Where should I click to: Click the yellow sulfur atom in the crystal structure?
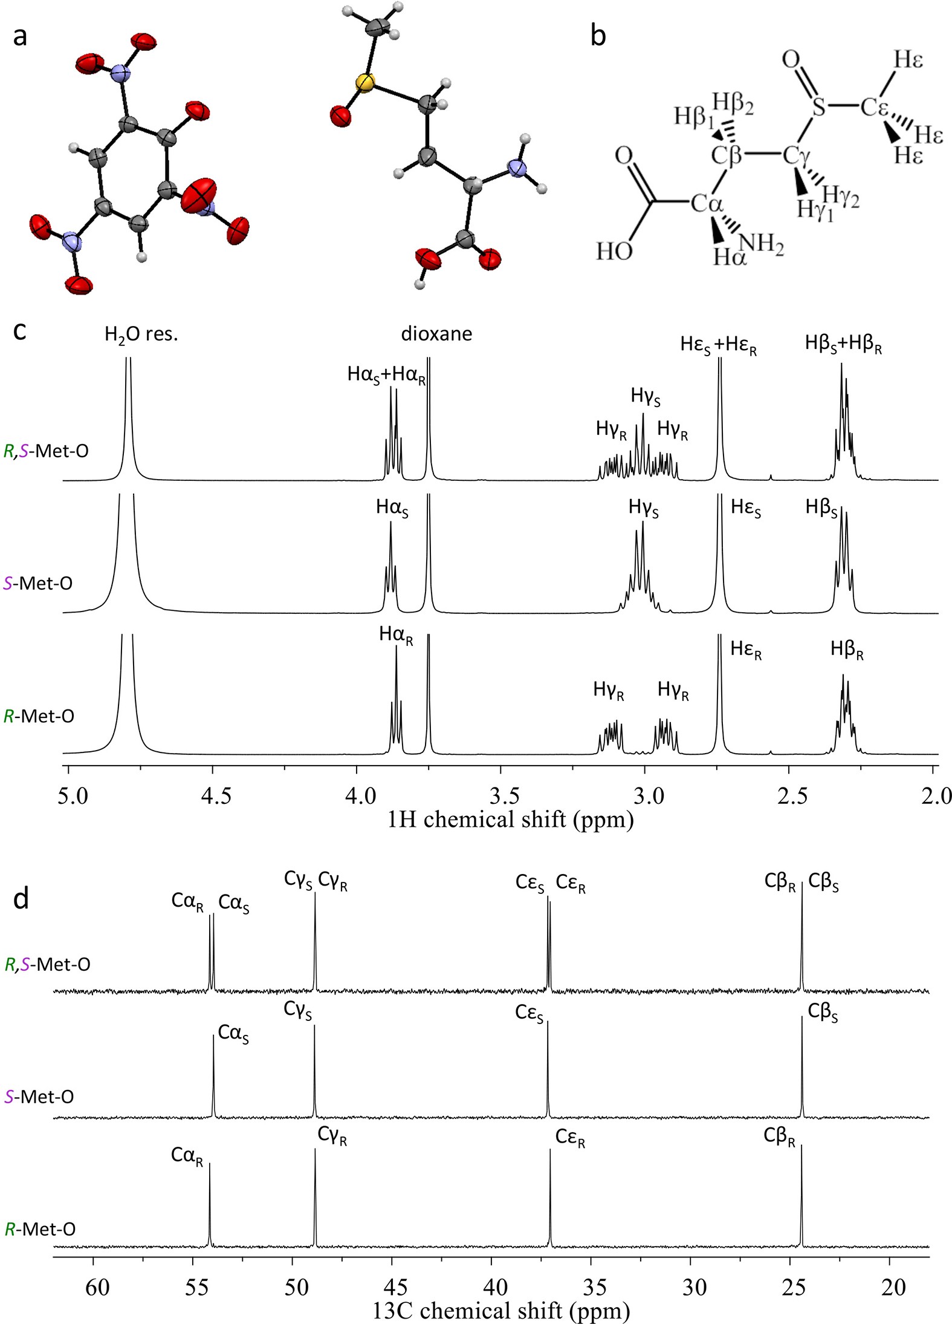[x=364, y=82]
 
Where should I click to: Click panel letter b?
[x=597, y=36]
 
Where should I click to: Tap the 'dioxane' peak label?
[x=436, y=334]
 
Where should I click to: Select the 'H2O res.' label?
[x=141, y=334]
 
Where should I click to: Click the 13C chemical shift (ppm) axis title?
[x=500, y=1310]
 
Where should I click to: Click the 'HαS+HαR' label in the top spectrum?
[x=386, y=375]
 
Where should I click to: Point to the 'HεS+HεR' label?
[x=718, y=345]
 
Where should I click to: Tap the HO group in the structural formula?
[x=614, y=250]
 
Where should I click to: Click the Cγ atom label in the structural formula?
[x=796, y=156]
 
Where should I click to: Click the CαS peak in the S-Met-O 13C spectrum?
[x=213, y=1077]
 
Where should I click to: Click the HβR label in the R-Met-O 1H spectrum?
[x=846, y=650]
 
